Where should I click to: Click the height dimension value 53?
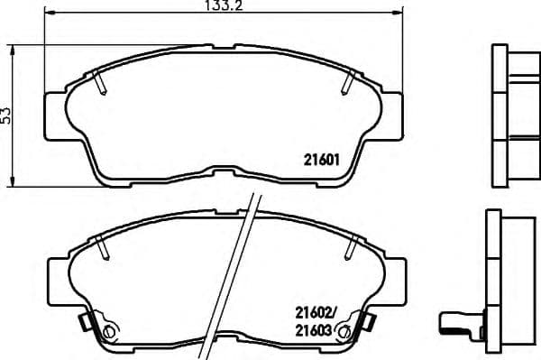[7, 115]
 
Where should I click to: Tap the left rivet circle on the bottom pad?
[110, 332]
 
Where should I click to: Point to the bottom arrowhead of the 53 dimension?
[13, 179]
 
